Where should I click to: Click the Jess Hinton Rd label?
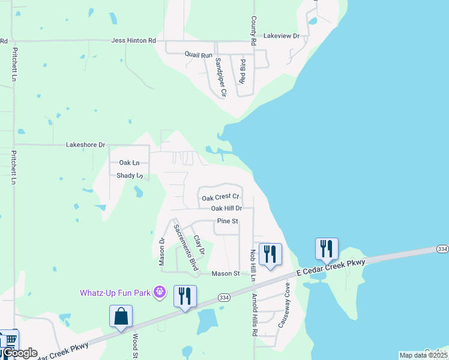coord(133,41)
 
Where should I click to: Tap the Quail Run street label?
coord(199,55)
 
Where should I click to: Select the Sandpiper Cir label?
coord(220,77)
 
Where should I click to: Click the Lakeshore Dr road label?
coord(85,145)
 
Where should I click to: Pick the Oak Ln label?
coord(129,163)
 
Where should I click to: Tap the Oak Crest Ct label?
coord(220,197)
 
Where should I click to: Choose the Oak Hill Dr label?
coord(226,209)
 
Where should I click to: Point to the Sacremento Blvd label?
coord(185,247)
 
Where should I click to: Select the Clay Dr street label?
coord(199,242)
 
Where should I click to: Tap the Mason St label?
coord(226,274)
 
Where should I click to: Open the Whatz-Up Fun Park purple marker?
coord(159,293)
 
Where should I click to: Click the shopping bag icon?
coord(121,316)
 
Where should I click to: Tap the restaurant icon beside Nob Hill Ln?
coord(270,254)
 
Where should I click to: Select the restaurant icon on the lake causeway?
coord(327,248)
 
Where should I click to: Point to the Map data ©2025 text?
coord(423,355)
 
